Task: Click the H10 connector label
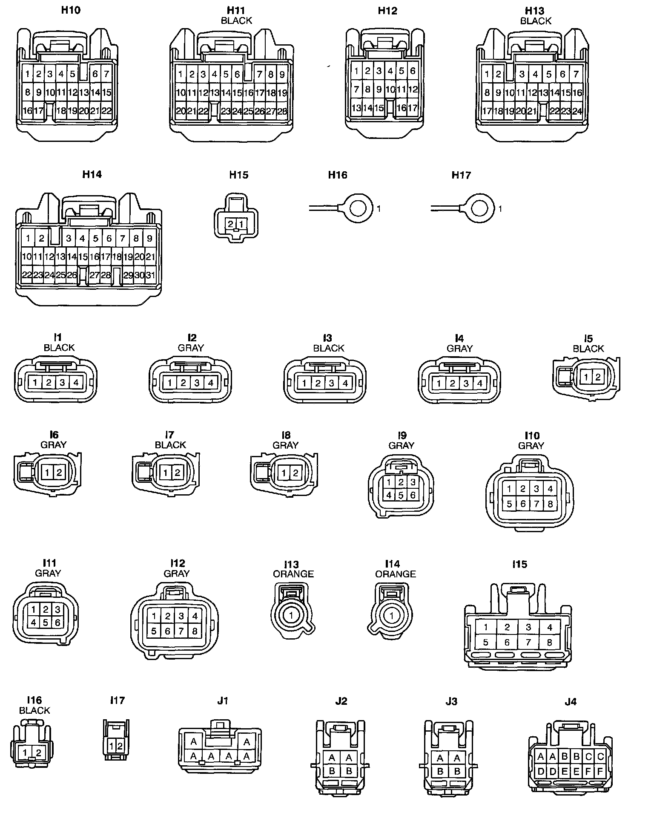[x=71, y=10]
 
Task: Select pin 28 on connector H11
[x=282, y=111]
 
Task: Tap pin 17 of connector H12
[x=412, y=108]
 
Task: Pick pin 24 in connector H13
[x=577, y=111]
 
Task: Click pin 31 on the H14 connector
[x=150, y=275]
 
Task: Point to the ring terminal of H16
[x=357, y=209]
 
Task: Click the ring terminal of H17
[x=480, y=209]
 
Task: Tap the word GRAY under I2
[x=191, y=348]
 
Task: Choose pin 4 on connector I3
[x=345, y=383]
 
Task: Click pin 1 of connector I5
[x=586, y=377]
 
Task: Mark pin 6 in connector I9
[x=412, y=495]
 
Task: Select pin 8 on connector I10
[x=550, y=504]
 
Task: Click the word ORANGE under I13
[x=293, y=574]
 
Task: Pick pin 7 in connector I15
[x=528, y=642]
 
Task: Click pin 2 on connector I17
[x=120, y=746]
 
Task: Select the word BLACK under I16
[x=34, y=710]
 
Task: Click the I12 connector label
[x=178, y=563]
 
